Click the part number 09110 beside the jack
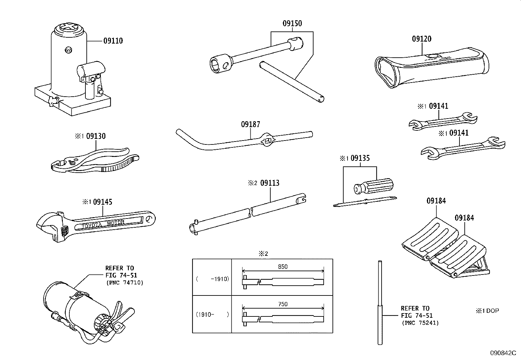(x=113, y=41)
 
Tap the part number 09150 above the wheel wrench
(x=292, y=24)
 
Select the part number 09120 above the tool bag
(x=422, y=39)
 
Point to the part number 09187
(x=251, y=124)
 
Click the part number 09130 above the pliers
(x=96, y=136)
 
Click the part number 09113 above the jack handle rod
(x=270, y=183)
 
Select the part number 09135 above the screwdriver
(x=360, y=159)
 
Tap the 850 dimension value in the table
(x=282, y=267)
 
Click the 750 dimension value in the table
(x=282, y=304)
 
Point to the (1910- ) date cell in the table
(x=212, y=314)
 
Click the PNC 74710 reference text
(x=124, y=282)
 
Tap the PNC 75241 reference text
(x=420, y=323)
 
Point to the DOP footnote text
(x=492, y=311)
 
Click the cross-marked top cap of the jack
(x=70, y=28)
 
